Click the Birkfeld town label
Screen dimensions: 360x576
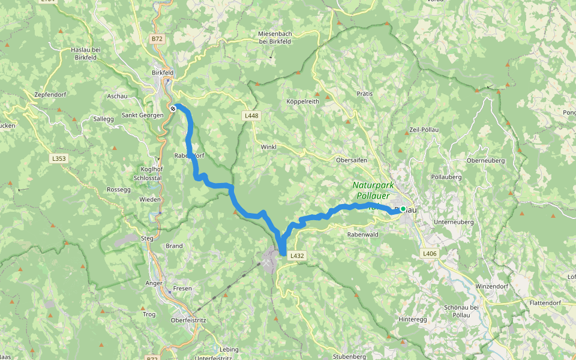163,73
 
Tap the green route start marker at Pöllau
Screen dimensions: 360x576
403,209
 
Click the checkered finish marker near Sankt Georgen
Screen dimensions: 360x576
173,109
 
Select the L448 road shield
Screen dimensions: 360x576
251,115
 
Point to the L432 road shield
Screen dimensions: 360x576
298,256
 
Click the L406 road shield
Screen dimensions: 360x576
429,254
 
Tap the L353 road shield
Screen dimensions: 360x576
58,159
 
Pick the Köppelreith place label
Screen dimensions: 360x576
302,101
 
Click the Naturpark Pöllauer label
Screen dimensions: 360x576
371,190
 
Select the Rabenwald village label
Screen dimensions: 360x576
363,235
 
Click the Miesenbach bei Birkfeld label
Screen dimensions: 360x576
278,37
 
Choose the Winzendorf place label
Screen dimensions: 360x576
491,286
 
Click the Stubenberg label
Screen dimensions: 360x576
349,356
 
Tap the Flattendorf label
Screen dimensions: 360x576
545,303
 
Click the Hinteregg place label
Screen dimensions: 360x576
413,319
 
